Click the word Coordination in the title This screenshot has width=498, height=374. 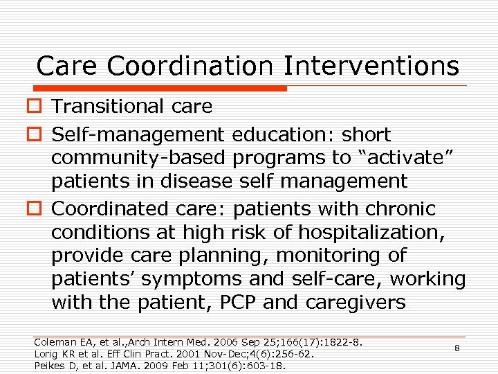[191, 66]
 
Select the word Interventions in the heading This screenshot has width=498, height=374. [371, 66]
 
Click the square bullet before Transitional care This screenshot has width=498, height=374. [37, 107]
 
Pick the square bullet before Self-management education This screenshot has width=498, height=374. [37, 135]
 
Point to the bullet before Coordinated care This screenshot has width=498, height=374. [37, 209]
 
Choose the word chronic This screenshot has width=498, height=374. [400, 208]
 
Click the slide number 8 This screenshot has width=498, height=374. [457, 348]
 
